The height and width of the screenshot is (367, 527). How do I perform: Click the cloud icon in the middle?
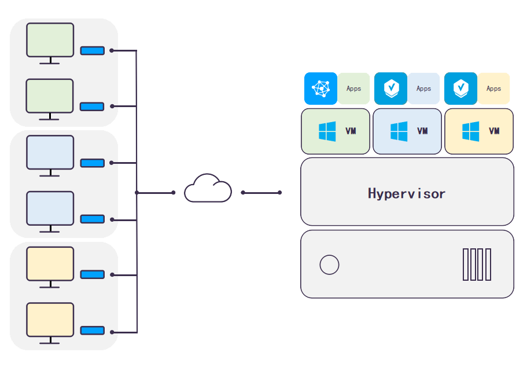(x=208, y=188)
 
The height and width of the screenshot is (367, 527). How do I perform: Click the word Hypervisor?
(x=407, y=193)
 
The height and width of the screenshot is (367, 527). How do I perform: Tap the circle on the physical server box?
(x=329, y=265)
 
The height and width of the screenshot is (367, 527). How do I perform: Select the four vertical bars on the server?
(x=477, y=265)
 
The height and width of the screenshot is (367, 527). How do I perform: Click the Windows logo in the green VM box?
(x=327, y=131)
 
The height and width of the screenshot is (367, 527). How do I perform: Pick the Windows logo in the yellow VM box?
(x=470, y=131)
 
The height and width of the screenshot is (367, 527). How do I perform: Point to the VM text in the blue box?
(x=422, y=131)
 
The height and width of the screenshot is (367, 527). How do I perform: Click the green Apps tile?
(x=353, y=89)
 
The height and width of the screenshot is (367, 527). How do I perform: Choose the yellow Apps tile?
(x=493, y=89)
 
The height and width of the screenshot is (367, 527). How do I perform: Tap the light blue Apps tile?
(x=423, y=89)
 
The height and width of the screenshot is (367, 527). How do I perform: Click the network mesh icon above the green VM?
(x=320, y=89)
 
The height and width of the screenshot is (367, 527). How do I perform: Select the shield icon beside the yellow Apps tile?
(x=460, y=89)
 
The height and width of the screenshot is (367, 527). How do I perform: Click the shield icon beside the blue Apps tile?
(x=390, y=89)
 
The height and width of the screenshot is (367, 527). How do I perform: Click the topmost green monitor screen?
(x=50, y=40)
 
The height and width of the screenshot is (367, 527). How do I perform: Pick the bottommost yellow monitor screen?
(x=50, y=320)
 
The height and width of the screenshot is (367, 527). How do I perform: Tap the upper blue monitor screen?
(x=50, y=152)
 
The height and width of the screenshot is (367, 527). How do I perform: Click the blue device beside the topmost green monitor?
(x=93, y=50)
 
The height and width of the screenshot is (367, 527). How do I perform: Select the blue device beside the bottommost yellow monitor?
(x=93, y=331)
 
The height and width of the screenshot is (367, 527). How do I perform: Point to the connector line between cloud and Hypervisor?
(x=261, y=193)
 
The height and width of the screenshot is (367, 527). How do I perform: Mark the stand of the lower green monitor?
(x=49, y=116)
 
